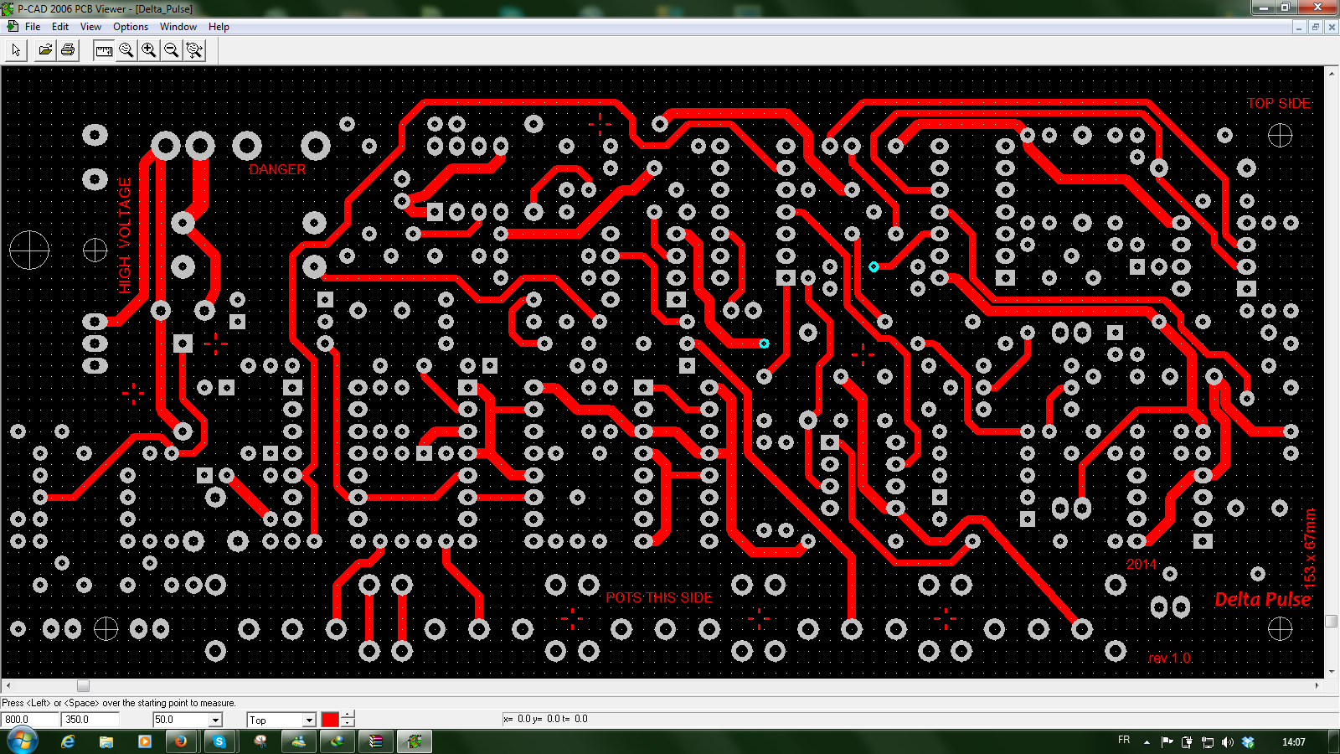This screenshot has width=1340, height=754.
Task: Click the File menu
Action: [x=33, y=27]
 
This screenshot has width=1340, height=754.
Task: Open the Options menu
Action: [x=131, y=27]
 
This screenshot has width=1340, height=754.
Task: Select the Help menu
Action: [x=219, y=27]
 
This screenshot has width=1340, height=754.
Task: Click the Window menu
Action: [x=178, y=27]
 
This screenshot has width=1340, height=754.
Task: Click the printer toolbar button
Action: [x=68, y=50]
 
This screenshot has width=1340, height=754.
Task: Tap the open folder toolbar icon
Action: [x=45, y=50]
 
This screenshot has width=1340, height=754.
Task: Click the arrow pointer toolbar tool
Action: [x=16, y=50]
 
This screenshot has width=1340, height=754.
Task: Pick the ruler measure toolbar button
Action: [x=104, y=50]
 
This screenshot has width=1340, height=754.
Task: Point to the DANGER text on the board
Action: [x=277, y=170]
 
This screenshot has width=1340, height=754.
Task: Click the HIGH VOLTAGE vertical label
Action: [x=125, y=235]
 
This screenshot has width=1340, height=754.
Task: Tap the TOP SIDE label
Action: [x=1278, y=104]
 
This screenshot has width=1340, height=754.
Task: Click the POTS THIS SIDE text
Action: [x=658, y=598]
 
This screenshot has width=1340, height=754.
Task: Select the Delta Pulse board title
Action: [x=1263, y=600]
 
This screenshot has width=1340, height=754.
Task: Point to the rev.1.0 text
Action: [x=1169, y=658]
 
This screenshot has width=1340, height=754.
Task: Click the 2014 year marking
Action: [x=1141, y=565]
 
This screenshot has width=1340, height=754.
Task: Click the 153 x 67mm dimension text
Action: [x=1310, y=548]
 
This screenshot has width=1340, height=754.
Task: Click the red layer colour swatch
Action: [x=330, y=720]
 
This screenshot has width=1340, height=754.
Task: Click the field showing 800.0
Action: [x=30, y=720]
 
